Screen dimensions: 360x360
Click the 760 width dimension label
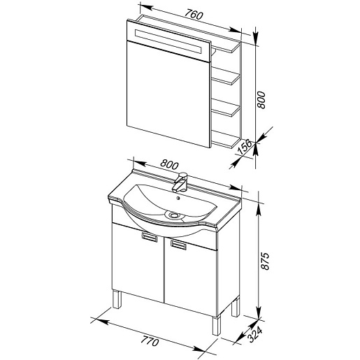(194, 15)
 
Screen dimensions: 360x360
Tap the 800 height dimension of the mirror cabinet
(261, 100)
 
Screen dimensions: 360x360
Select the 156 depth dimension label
(244, 147)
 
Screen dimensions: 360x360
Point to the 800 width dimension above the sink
(170, 164)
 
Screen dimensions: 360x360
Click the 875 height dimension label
(265, 261)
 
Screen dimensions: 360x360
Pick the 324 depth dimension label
(255, 335)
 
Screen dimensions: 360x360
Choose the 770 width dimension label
(150, 341)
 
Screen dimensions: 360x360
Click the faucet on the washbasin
(180, 182)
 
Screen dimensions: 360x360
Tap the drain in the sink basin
(173, 215)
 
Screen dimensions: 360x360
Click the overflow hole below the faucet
(178, 199)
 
